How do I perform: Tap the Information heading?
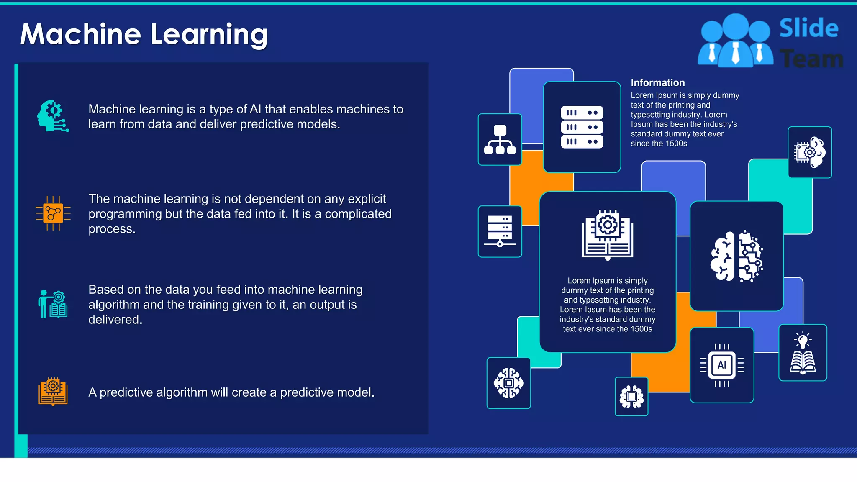pyautogui.click(x=657, y=82)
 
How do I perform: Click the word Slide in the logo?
pyautogui.click(x=808, y=28)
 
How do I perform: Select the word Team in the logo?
pyautogui.click(x=811, y=59)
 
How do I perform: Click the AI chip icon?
pyautogui.click(x=722, y=365)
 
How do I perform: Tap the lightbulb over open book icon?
pyautogui.click(x=803, y=352)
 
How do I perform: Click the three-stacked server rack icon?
pyautogui.click(x=582, y=127)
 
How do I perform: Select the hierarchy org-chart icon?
pyautogui.click(x=500, y=139)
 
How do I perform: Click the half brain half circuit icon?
pyautogui.click(x=736, y=256)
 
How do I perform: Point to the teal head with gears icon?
pyautogui.click(x=52, y=116)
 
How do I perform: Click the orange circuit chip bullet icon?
pyautogui.click(x=53, y=213)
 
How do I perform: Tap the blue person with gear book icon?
pyautogui.click(x=53, y=304)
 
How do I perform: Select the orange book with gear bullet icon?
pyautogui.click(x=53, y=392)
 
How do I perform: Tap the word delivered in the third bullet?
pyautogui.click(x=115, y=320)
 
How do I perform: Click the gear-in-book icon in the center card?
pyautogui.click(x=608, y=234)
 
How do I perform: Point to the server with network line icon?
pyautogui.click(x=500, y=231)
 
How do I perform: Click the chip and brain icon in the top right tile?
pyautogui.click(x=809, y=152)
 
